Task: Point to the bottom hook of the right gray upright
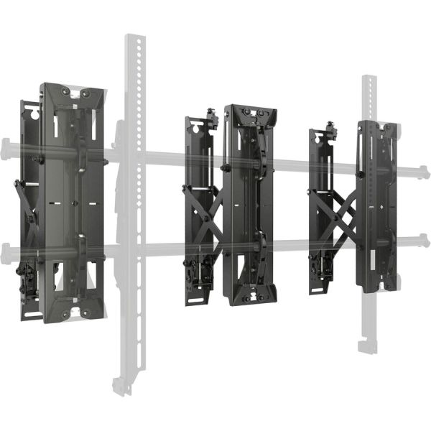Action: coord(368,345)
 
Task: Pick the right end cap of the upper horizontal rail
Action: coord(425,172)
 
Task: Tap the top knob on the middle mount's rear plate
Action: coord(212,115)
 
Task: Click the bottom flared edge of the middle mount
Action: coord(250,296)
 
